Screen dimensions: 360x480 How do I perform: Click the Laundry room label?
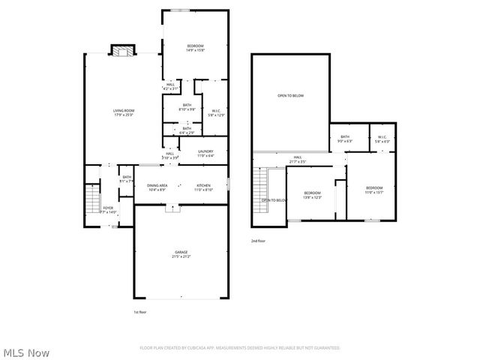pos(206,153)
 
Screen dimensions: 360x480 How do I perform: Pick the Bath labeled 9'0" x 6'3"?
pos(345,139)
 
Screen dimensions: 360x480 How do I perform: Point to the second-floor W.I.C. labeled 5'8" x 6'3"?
pos(382,139)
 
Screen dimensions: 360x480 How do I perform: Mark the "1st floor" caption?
pos(139,311)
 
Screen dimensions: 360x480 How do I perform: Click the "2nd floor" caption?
pos(258,241)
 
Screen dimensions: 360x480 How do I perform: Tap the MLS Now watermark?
pos(26,352)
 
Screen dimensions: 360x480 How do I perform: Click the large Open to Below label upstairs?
pos(291,96)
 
